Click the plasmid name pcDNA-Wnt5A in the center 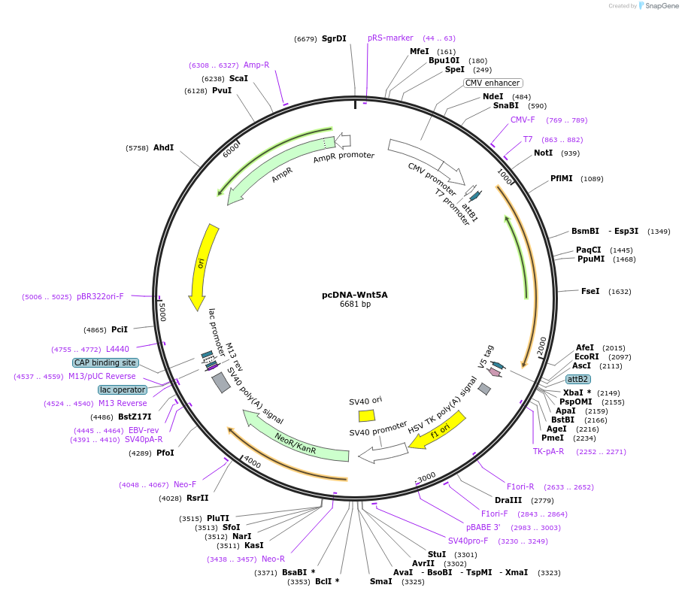click(355, 295)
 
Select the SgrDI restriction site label click(334, 38)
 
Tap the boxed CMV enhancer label click(493, 83)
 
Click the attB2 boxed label click(577, 379)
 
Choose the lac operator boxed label click(122, 389)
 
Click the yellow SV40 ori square click(366, 415)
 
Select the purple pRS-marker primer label click(390, 38)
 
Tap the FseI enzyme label click(590, 291)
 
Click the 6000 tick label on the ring click(231, 150)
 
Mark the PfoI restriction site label click(165, 453)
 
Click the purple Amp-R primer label click(256, 65)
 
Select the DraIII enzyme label click(508, 500)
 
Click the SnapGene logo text click(657, 6)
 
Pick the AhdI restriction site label click(163, 147)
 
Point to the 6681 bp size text click(355, 305)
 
